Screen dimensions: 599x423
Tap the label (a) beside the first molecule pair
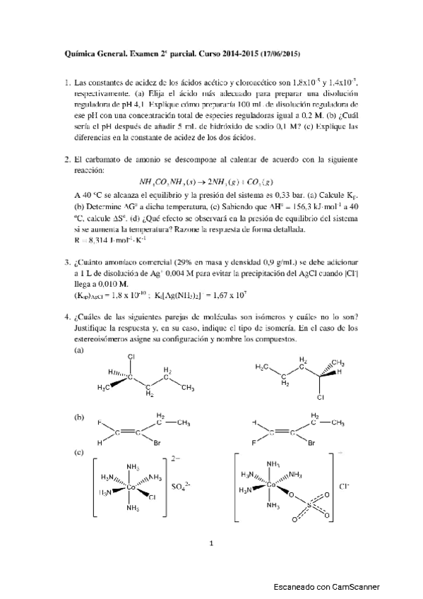pos(79,350)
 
